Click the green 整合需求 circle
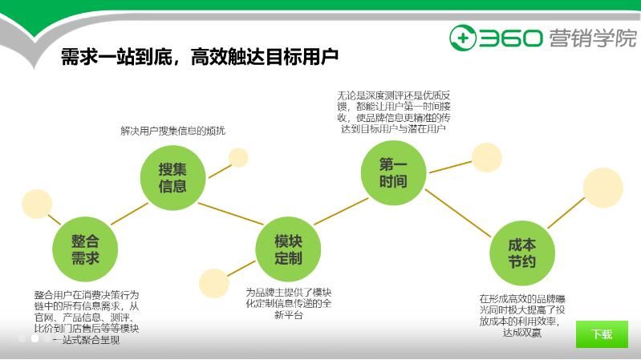coord(85,249)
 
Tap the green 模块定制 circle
coord(288,249)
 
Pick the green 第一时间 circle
coord(392,173)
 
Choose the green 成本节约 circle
coord(522,254)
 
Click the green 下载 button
coord(602,334)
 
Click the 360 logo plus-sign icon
coord(463,38)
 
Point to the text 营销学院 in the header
coord(593,38)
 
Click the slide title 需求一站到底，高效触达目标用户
coord(200,57)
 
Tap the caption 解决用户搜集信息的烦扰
coord(172,131)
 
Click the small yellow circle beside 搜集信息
coord(238,157)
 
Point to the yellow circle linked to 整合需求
coord(37,204)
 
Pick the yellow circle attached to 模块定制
coord(214,282)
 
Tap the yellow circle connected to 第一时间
coord(486,157)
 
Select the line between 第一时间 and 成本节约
coord(457,212)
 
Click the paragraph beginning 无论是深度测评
coord(394,111)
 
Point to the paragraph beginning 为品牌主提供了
coord(288,303)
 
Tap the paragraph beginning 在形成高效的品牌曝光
coord(522,315)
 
